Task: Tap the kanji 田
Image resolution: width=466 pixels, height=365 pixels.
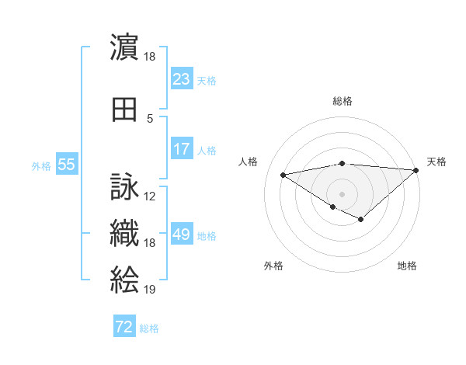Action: tap(124, 110)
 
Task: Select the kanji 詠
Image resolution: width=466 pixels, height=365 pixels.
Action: tap(124, 188)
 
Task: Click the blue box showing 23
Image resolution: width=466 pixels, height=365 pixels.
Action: tap(181, 79)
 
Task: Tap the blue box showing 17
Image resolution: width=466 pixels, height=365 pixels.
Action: tap(181, 150)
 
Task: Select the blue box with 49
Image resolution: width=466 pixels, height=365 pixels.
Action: tap(181, 235)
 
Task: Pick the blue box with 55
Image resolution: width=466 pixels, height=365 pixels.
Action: tap(66, 165)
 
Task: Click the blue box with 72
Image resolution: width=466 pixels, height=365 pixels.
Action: tap(124, 328)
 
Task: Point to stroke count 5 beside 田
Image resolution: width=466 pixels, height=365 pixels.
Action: tap(150, 119)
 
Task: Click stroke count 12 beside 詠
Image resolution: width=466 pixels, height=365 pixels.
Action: tap(150, 196)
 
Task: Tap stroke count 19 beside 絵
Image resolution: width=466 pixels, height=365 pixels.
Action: tap(150, 290)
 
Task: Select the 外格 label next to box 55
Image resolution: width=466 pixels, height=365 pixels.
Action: tap(41, 166)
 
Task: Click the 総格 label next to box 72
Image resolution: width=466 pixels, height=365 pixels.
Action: tap(150, 328)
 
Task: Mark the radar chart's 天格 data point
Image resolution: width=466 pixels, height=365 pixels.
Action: tap(416, 170)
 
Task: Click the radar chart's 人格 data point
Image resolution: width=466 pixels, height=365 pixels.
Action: tap(283, 174)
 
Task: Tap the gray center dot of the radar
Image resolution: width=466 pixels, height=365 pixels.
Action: tap(342, 193)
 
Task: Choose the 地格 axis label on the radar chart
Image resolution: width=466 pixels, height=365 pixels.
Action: tap(407, 266)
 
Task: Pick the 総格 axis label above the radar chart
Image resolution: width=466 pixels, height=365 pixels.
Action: tap(342, 101)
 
